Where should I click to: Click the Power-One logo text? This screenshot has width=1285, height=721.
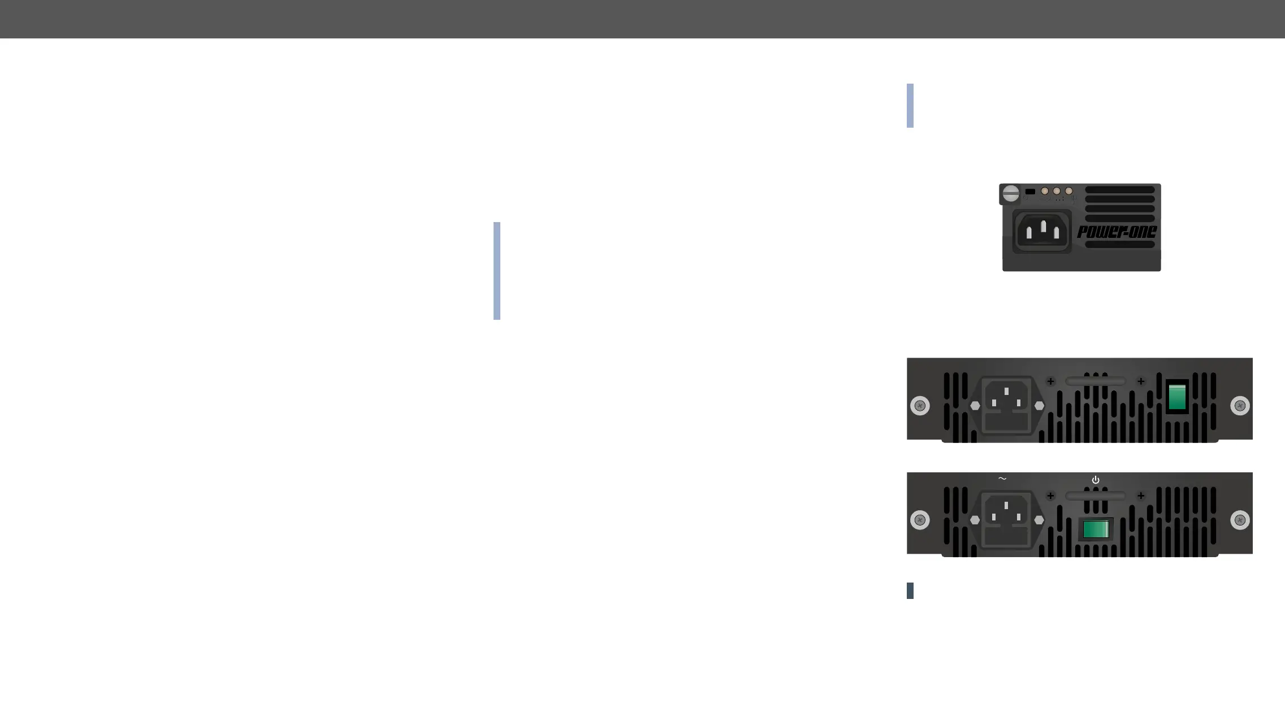pyautogui.click(x=1117, y=232)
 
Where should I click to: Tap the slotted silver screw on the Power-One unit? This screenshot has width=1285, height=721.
pyautogui.click(x=1011, y=194)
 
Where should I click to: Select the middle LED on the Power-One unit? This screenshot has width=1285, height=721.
pyautogui.click(x=1057, y=192)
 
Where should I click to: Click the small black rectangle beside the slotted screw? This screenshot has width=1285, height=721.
pyautogui.click(x=1030, y=192)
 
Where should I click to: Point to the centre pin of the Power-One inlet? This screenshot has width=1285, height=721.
pyautogui.click(x=1043, y=227)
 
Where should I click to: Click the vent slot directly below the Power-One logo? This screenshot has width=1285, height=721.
pyautogui.click(x=1119, y=245)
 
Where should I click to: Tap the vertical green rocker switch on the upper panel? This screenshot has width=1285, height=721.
pyautogui.click(x=1177, y=397)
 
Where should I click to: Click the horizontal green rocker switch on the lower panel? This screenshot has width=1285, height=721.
pyautogui.click(x=1096, y=529)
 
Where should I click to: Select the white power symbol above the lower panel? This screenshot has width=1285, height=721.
pyautogui.click(x=1096, y=480)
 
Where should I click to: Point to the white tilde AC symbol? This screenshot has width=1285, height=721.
pyautogui.click(x=1002, y=479)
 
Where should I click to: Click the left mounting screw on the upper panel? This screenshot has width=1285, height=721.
pyautogui.click(x=920, y=406)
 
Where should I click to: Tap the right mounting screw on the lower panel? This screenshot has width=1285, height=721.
pyautogui.click(x=1240, y=520)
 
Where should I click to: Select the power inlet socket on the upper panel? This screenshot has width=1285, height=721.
pyautogui.click(x=1006, y=405)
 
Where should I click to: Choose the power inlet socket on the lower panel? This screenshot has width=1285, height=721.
pyautogui.click(x=1006, y=519)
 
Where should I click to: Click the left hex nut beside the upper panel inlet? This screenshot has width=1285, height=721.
pyautogui.click(x=975, y=406)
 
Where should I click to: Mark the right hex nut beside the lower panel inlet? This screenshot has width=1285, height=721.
pyautogui.click(x=1039, y=520)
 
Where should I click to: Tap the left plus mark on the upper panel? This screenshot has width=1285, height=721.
pyautogui.click(x=1050, y=381)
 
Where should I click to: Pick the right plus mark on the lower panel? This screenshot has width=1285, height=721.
pyautogui.click(x=1141, y=496)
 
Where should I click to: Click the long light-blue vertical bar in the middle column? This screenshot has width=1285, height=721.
pyautogui.click(x=497, y=271)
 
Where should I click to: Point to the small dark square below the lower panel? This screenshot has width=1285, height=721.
pyautogui.click(x=910, y=590)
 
